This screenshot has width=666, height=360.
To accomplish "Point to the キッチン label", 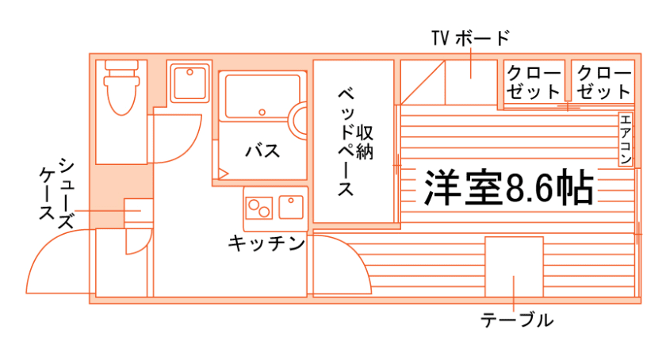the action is [267, 243].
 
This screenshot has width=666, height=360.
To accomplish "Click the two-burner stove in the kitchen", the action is [258, 207].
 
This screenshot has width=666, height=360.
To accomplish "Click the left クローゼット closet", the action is [534, 82].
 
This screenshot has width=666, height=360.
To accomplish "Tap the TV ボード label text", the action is [470, 37].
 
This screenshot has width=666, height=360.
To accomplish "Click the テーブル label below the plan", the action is [516, 320].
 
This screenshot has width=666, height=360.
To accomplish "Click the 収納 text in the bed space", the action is [365, 143].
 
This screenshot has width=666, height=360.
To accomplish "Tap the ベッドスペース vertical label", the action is [346, 143].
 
